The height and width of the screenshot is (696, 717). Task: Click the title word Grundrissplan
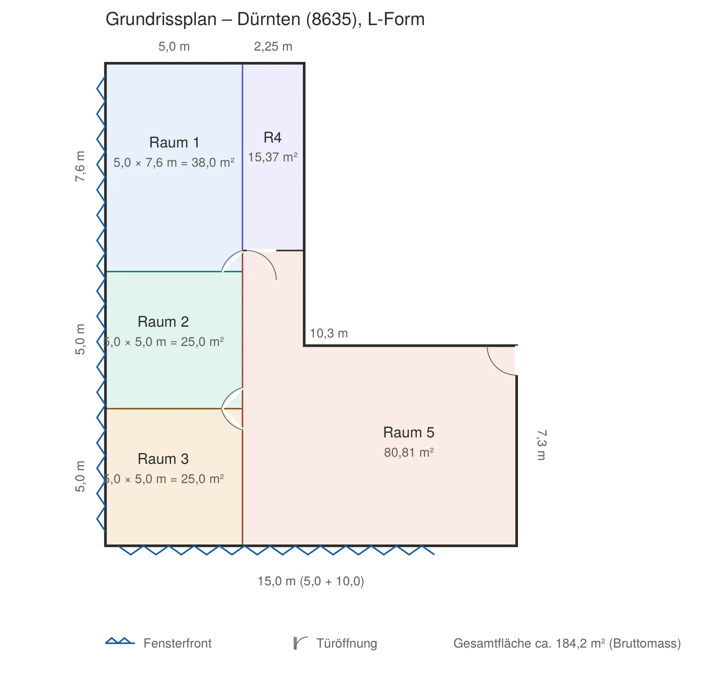[x=161, y=20]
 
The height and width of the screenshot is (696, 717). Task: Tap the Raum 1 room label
[x=174, y=143]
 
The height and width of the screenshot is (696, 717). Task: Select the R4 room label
[x=272, y=138]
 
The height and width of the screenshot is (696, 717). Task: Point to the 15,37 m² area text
[x=273, y=157]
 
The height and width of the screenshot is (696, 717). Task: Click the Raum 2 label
[x=163, y=322]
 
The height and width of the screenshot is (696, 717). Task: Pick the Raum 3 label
[x=163, y=459]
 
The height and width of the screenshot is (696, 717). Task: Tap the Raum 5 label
[x=409, y=432]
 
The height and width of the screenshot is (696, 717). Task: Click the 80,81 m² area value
[x=409, y=453]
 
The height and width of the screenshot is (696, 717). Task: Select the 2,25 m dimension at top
[x=273, y=47]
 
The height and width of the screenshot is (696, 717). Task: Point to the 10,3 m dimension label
[x=329, y=333]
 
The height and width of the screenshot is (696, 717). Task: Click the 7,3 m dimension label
[x=541, y=445]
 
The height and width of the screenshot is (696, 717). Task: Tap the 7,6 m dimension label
[x=80, y=166]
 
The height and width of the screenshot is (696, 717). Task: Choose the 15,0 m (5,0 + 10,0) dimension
[x=311, y=581]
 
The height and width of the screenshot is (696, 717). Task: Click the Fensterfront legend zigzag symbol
[x=120, y=641]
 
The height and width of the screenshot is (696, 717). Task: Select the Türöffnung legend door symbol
[x=300, y=643]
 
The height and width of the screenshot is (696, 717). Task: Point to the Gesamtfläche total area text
[x=567, y=644]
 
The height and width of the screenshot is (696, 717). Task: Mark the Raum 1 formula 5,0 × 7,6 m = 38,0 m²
[x=174, y=163]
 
